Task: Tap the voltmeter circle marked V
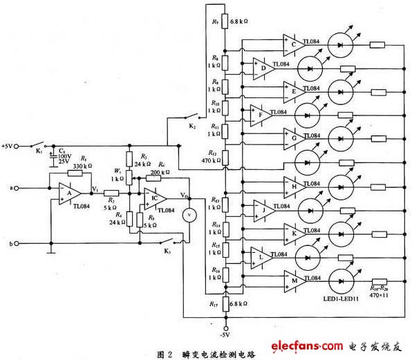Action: click(186, 215)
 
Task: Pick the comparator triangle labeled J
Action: click(262, 207)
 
